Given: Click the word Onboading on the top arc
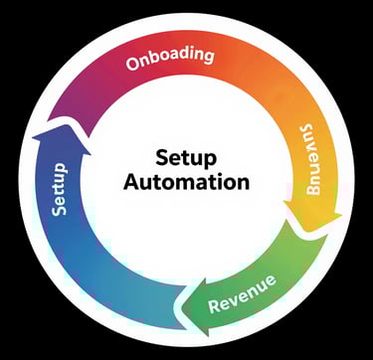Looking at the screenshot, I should pyautogui.click(x=170, y=57).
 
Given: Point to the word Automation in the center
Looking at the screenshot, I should pyautogui.click(x=187, y=183).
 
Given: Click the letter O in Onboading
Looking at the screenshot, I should pyautogui.click(x=133, y=66).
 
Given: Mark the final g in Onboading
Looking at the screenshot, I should pyautogui.click(x=209, y=57).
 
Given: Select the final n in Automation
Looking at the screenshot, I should pyautogui.click(x=242, y=183).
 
